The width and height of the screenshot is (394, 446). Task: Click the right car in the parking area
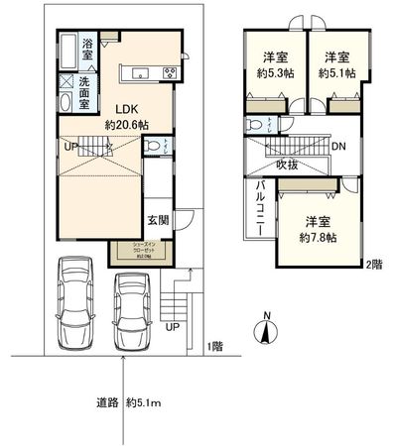pos(132,302)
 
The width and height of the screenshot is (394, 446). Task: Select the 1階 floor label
pos(215,346)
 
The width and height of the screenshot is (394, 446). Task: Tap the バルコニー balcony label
pos(260,207)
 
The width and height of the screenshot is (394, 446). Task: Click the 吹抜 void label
pos(288,164)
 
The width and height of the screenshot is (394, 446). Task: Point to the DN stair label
pos(338,147)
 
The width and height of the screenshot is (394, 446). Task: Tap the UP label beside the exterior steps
pos(173,326)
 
